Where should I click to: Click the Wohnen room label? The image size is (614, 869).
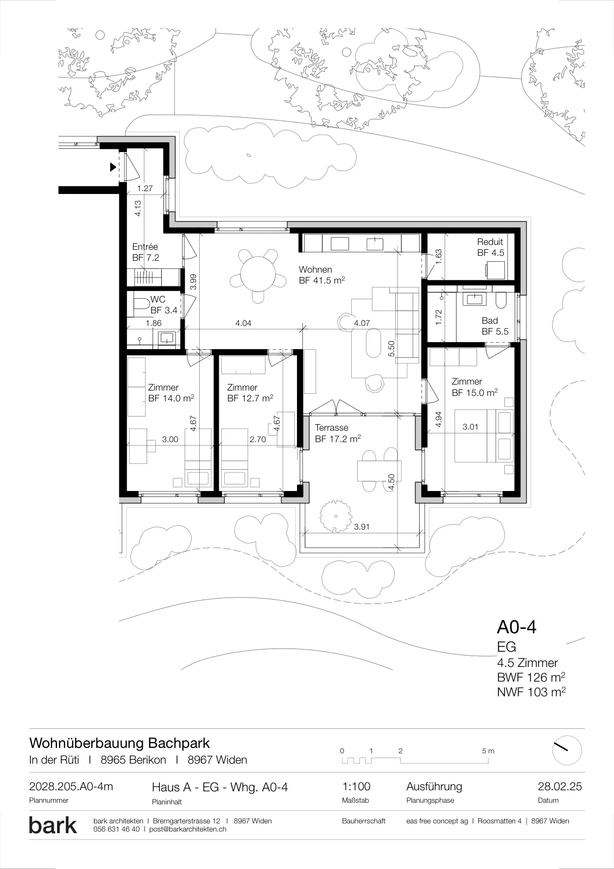click(x=315, y=269)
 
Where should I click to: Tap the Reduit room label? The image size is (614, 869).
click(x=490, y=242)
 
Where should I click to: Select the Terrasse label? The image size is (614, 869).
click(x=332, y=428)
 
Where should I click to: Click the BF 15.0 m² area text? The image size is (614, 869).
click(x=475, y=393)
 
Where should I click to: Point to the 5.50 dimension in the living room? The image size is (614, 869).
click(x=391, y=348)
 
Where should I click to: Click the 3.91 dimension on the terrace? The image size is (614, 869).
click(x=362, y=527)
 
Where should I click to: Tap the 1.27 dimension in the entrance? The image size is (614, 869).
click(x=145, y=188)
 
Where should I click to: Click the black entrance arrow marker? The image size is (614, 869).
click(x=113, y=167)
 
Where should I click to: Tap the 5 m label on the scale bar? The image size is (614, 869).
click(x=488, y=751)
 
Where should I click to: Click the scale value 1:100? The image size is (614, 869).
click(x=356, y=786)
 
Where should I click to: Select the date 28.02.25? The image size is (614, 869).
click(x=560, y=786)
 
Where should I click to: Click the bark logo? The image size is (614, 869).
click(x=53, y=825)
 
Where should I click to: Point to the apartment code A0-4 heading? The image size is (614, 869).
click(x=517, y=627)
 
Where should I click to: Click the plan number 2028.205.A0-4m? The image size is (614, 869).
click(x=71, y=786)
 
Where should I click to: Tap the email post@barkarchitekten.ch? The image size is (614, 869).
click(x=188, y=829)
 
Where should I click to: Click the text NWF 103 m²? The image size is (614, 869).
click(x=531, y=692)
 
